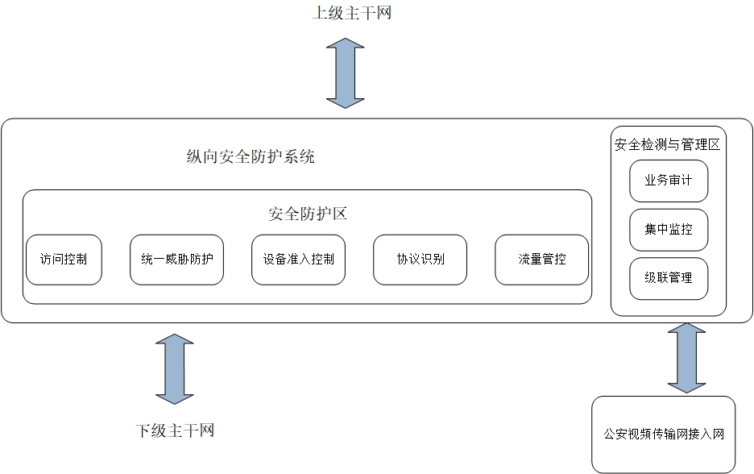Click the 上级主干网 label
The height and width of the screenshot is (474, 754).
[x=352, y=13]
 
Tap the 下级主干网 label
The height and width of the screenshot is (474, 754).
[x=175, y=430]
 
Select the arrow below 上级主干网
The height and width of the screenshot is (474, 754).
[x=345, y=73]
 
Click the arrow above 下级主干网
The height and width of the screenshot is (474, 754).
[x=175, y=368]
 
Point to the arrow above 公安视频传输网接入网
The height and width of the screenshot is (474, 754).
[x=686, y=358]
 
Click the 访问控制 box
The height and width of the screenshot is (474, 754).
[x=64, y=260]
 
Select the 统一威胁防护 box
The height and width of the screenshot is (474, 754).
[x=176, y=260]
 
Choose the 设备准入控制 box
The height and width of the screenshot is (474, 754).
[x=298, y=260]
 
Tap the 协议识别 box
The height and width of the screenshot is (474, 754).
[x=420, y=260]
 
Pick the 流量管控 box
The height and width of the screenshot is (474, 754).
[x=541, y=260]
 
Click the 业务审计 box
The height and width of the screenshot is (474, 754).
[x=669, y=181]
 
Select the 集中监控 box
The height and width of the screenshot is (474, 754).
[x=669, y=230]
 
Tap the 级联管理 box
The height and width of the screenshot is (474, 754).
[x=669, y=278]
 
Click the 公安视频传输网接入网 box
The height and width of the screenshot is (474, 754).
[x=664, y=434]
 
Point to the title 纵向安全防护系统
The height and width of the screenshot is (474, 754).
[x=250, y=157]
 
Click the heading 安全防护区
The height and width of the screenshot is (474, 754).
[x=307, y=214]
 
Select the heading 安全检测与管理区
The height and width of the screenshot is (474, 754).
[x=667, y=145]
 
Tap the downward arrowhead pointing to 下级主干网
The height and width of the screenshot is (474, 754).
[x=175, y=394]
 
